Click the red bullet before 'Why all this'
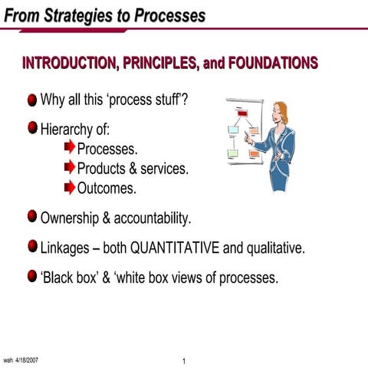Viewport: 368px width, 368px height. [31, 101]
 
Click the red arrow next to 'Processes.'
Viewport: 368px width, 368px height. [70, 146]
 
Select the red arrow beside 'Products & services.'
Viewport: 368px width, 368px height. [70, 166]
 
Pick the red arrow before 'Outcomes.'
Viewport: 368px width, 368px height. [70, 186]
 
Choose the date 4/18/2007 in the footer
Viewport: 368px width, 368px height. [27, 359]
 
